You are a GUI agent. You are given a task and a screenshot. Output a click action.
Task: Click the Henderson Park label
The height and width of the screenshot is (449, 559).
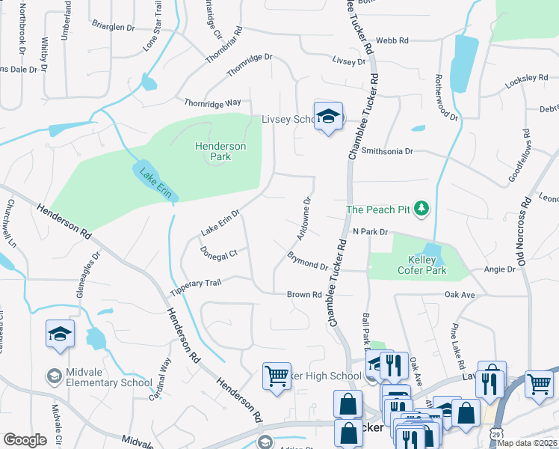[x=220, y=151]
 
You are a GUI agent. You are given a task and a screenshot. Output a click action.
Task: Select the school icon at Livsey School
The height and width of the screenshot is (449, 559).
[x=328, y=116]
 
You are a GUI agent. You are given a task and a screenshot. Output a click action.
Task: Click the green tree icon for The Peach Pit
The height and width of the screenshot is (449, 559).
[x=422, y=209]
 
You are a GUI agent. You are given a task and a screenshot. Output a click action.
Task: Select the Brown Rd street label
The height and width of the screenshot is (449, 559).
[x=304, y=295]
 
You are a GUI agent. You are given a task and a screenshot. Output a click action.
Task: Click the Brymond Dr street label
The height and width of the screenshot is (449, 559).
[x=307, y=261]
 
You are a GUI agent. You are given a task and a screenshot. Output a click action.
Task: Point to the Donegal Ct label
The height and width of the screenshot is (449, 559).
[x=219, y=254]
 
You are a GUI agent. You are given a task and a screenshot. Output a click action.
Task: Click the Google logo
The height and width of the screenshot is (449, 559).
[x=25, y=439]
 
